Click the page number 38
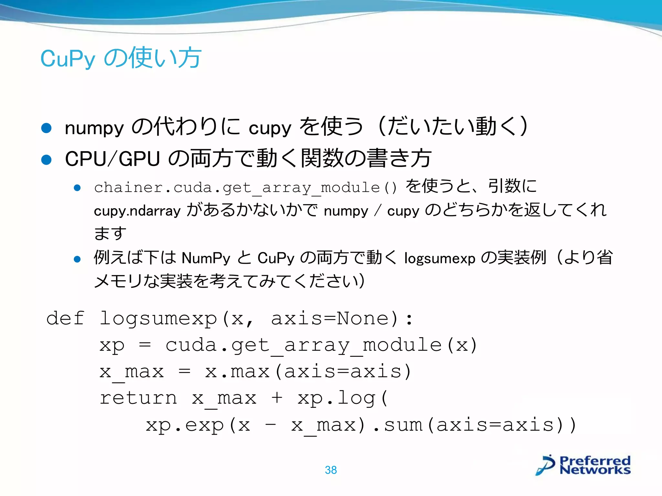pos(331,470)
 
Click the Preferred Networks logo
pos(583,465)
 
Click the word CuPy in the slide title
pos(68,59)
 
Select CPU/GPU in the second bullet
pos(112,159)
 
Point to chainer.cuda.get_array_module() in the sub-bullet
pos(245,188)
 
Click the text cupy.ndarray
pos(137,211)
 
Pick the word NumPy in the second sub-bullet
pos(206,258)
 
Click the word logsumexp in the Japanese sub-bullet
pos(440,258)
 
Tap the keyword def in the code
pos(65,318)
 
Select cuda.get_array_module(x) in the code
pos(321,345)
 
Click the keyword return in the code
pos(138,398)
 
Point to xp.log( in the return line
pos(343,398)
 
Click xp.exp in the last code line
pos(185,425)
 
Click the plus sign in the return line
pos(277,398)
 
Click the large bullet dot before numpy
pos(47,128)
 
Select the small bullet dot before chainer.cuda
pos(77,188)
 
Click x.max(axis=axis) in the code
pos(308,372)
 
